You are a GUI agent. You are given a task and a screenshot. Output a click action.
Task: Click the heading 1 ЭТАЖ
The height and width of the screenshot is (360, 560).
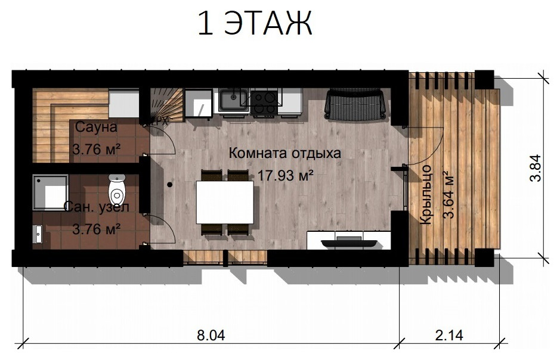tap(255, 23)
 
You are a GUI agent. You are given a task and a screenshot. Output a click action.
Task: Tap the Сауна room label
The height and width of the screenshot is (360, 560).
tap(96, 127)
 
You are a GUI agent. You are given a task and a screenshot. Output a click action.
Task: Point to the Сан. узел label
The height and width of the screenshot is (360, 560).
tap(97, 207)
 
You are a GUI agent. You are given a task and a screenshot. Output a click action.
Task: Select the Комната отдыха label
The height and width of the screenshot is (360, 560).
tap(284, 153)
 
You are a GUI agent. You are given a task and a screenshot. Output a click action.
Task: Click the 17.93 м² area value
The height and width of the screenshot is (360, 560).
tap(285, 176)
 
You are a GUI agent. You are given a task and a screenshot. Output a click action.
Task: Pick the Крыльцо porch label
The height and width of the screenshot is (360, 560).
tap(425, 194)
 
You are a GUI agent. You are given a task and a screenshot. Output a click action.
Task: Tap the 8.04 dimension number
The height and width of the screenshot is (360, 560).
tap(211, 336)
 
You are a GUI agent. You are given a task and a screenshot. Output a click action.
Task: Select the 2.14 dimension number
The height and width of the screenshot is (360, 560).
tap(449, 336)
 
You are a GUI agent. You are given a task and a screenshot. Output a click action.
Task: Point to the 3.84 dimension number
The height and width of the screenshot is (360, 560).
tap(536, 167)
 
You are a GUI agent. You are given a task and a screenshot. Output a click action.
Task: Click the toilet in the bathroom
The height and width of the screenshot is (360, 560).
tap(116, 190)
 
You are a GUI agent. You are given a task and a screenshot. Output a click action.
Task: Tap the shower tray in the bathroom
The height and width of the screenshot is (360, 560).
tap(50, 193)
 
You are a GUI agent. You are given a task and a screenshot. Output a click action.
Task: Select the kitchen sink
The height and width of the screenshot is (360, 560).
tap(234, 100)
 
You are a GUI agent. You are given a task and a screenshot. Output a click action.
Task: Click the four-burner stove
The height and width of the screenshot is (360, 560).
tap(264, 102)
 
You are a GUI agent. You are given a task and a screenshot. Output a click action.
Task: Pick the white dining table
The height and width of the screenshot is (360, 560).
tap(225, 202)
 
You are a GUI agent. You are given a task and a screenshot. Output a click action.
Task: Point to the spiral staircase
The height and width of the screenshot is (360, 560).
tap(165, 106)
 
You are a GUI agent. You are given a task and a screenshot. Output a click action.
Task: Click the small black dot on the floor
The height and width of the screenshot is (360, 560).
tap(170, 185)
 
